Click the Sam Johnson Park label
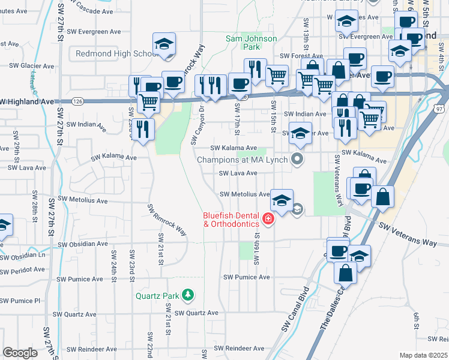(x=251, y=43)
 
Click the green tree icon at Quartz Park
(x=188, y=295)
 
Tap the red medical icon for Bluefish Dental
(x=268, y=220)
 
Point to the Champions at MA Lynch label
(x=243, y=160)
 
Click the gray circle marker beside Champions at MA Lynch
(x=297, y=159)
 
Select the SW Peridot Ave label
(x=22, y=271)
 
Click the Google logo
(x=20, y=353)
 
